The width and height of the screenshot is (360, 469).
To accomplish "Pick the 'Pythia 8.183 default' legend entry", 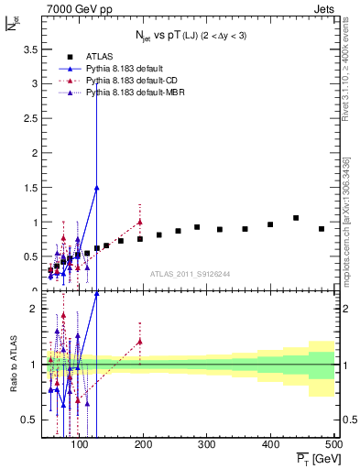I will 127,69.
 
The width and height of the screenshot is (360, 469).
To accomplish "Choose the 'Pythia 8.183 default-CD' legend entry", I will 134,81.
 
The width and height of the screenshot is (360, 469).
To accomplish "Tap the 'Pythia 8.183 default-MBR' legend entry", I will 136,93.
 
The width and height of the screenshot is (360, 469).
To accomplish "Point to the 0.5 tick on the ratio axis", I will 30,420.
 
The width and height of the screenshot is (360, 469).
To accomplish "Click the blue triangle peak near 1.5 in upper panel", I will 96,187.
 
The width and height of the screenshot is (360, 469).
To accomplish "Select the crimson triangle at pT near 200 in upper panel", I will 140,222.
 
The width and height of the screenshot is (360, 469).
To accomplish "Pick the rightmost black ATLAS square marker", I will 322,229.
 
